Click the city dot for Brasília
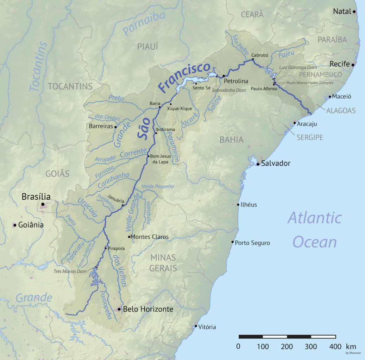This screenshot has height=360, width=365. click(43, 204)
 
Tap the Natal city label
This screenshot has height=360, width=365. click(342, 11)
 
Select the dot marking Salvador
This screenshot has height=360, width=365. click(258, 164)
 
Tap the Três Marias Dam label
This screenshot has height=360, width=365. click(70, 271)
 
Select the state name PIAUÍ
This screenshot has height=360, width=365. click(147, 46)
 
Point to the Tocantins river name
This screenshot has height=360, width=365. click(38, 67)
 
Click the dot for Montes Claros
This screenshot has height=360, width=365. click(130, 237)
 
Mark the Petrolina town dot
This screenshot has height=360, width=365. click(224, 76)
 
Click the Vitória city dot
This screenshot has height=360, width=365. click(196, 327)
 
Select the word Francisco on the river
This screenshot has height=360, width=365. click(184, 78)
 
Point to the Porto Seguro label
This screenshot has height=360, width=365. click(252, 243)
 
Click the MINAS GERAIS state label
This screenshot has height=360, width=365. click(163, 263)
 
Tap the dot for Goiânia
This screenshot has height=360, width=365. click(15, 225)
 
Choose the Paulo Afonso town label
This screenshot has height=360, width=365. click(264, 89)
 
